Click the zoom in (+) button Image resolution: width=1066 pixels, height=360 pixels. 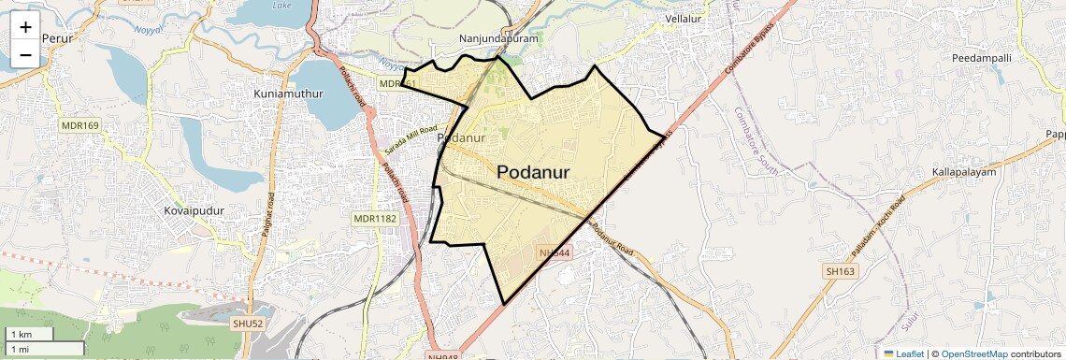(x=25, y=27)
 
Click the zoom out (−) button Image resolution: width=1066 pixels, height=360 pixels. (x=25, y=55)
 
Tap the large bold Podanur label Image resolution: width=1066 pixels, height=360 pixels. (x=546, y=172)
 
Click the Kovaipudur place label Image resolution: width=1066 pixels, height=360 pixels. (x=194, y=211)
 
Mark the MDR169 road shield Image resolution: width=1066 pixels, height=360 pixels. (x=79, y=125)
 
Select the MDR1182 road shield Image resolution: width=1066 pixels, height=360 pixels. (x=375, y=219)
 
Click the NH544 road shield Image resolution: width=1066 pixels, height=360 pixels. (x=555, y=252)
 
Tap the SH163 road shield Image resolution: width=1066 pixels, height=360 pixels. (x=840, y=271)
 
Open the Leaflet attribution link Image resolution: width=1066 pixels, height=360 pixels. (x=903, y=353)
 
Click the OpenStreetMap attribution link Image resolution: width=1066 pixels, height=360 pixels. (x=974, y=353)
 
